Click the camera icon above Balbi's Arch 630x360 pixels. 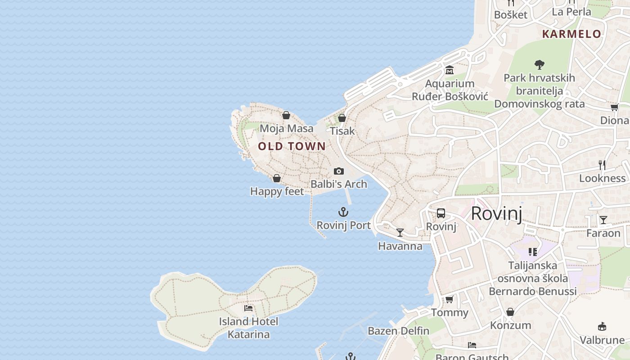click(x=339, y=171)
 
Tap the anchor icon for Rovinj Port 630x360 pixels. click(x=343, y=212)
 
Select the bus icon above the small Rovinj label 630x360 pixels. click(x=441, y=213)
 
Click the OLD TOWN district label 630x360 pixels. click(x=292, y=146)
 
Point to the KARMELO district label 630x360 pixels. click(x=571, y=34)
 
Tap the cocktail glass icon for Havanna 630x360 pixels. click(x=400, y=233)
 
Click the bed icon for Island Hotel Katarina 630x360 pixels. click(x=248, y=308)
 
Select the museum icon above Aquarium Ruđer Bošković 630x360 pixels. click(x=450, y=70)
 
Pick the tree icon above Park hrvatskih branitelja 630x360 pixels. click(x=539, y=64)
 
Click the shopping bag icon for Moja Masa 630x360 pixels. click(x=286, y=115)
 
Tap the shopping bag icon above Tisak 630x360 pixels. click(x=342, y=118)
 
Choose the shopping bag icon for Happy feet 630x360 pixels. click(x=277, y=178)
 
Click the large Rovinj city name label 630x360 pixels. click(x=496, y=213)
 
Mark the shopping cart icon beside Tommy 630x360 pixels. click(x=449, y=299)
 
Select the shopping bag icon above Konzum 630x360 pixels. click(x=510, y=312)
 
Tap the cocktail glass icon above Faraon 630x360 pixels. click(x=603, y=220)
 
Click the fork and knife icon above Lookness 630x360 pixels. click(x=602, y=165)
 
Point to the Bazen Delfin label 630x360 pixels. click(x=398, y=331)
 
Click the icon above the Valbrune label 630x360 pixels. click(x=602, y=326)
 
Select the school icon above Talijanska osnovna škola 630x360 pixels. click(x=533, y=252)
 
